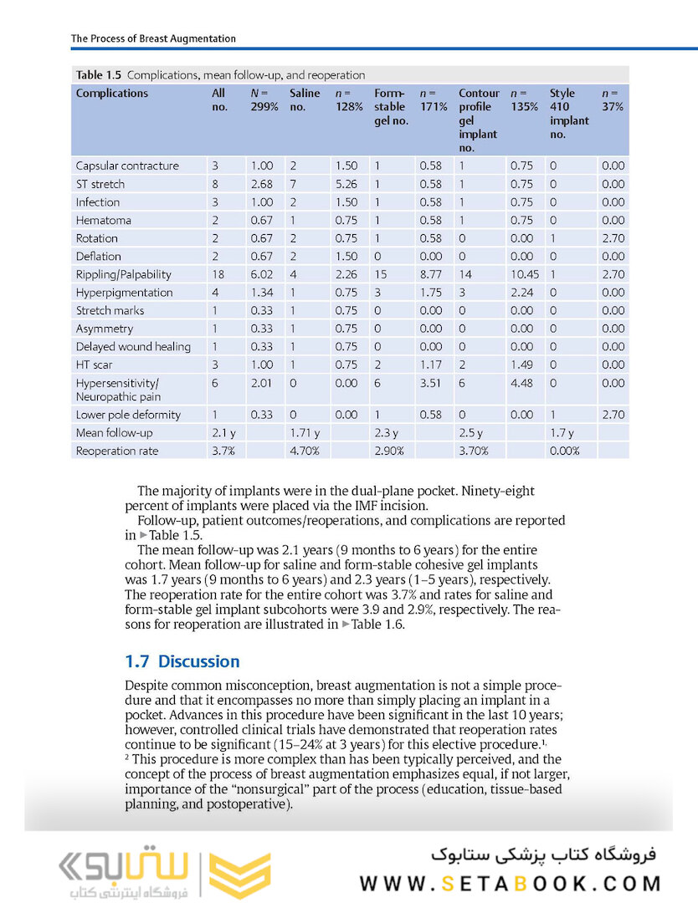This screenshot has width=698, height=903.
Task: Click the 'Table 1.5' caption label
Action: [99, 75]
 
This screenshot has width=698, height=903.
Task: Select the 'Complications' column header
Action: [112, 94]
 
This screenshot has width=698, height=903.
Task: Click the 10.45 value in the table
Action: [523, 274]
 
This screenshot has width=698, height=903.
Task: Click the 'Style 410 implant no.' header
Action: [569, 107]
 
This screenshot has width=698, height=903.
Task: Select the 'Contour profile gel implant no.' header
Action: [479, 120]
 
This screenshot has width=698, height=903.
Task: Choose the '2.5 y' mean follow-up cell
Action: [471, 433]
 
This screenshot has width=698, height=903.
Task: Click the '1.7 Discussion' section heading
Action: [182, 661]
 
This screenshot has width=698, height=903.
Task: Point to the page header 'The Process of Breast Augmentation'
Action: [153, 38]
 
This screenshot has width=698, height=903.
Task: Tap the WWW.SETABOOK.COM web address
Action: [511, 883]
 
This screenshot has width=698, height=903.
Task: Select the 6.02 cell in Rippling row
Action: [262, 274]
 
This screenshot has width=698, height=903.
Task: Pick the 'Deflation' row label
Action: [98, 257]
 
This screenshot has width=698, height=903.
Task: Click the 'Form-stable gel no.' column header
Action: [391, 107]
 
